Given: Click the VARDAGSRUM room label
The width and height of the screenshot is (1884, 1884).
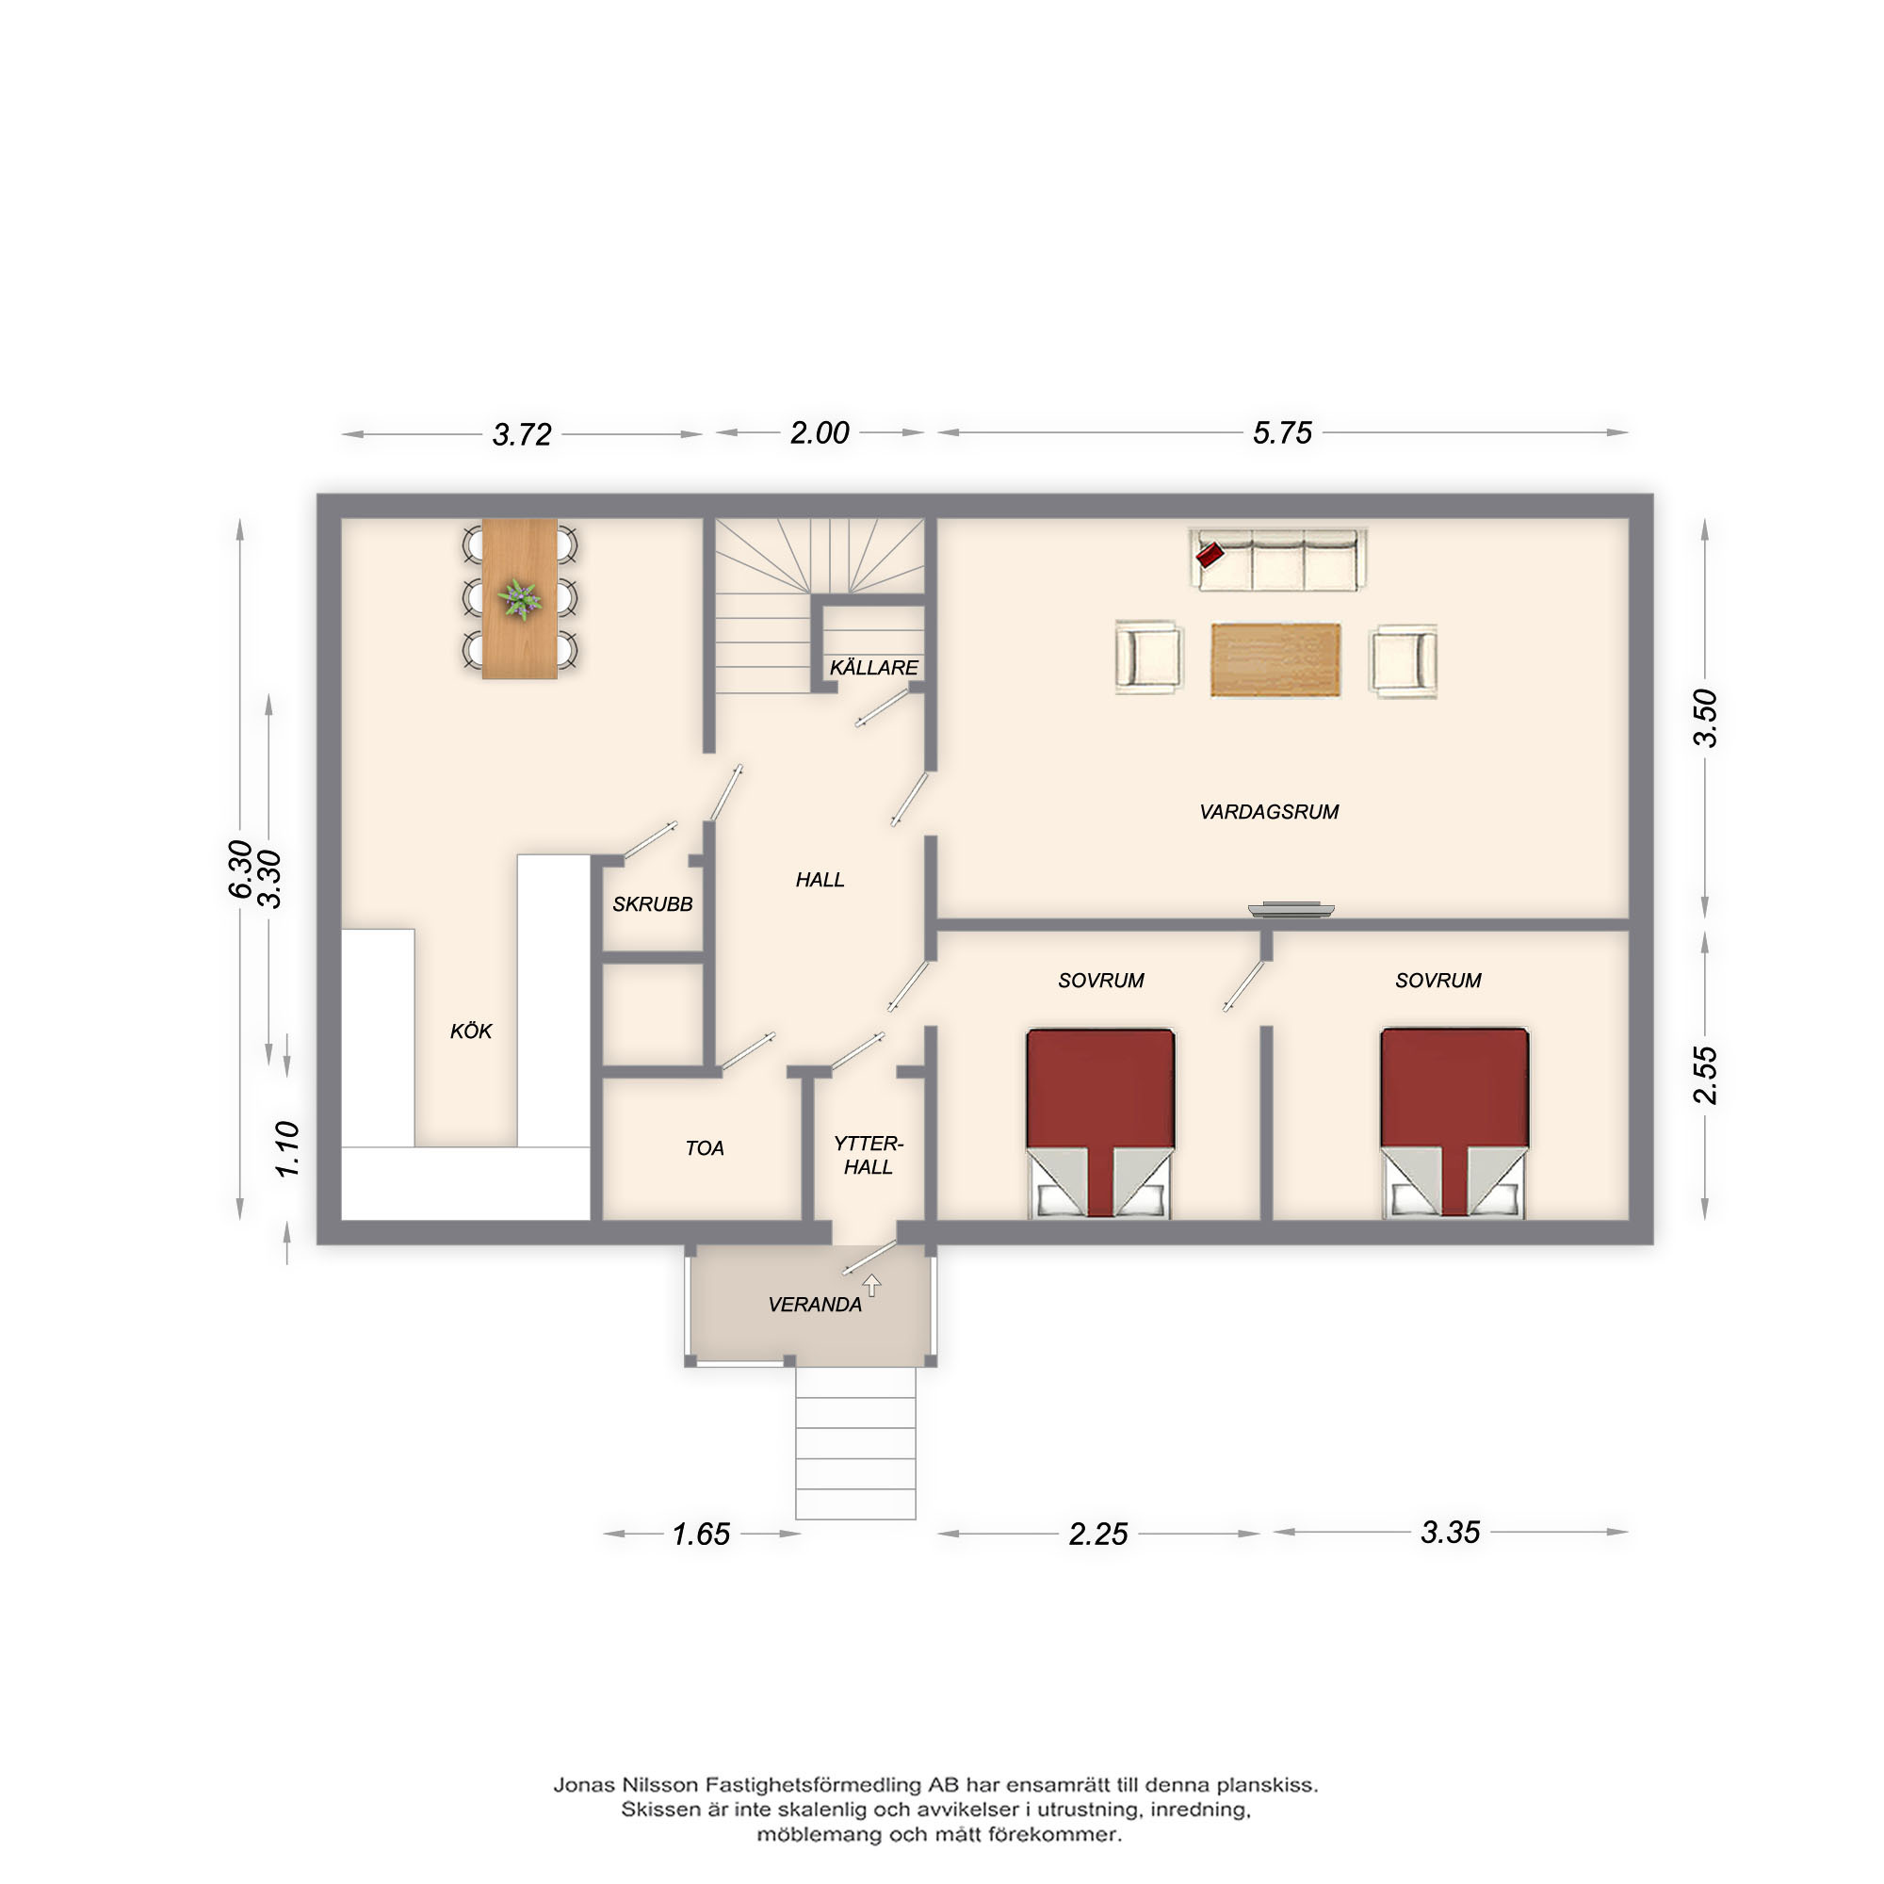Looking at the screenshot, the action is [x=1269, y=812].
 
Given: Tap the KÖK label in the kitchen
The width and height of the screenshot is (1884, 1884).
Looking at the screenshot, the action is [x=471, y=1031].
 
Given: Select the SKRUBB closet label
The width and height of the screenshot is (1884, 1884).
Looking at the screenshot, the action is [x=653, y=904].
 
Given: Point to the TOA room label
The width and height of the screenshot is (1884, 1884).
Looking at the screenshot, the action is [x=704, y=1148].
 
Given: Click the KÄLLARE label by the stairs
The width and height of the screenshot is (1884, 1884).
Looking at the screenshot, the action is [x=874, y=667].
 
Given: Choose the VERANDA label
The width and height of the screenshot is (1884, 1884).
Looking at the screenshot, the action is [x=815, y=1305].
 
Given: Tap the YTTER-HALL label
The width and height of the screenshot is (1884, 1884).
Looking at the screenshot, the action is [x=868, y=1156].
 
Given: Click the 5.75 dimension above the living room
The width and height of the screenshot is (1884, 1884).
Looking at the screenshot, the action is [x=1282, y=432].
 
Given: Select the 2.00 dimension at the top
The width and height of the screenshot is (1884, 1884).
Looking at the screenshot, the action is [x=820, y=432].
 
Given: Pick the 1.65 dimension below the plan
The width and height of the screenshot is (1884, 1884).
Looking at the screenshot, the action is [x=700, y=1534].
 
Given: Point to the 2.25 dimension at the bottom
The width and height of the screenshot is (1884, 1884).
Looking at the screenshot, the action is [x=1098, y=1534].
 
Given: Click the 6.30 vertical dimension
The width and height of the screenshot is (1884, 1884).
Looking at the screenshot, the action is [x=240, y=869].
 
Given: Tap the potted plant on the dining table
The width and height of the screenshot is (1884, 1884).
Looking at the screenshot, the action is [x=520, y=599].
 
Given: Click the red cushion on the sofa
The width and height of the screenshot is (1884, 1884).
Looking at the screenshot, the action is [x=1210, y=555].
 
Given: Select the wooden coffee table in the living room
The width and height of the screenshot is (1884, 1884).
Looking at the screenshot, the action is [x=1275, y=660].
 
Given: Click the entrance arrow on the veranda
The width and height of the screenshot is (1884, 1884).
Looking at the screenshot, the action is [x=871, y=1286].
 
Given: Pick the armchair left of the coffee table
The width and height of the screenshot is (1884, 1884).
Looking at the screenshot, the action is [x=1149, y=658].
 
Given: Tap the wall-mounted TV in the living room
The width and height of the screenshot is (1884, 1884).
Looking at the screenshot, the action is [x=1291, y=910].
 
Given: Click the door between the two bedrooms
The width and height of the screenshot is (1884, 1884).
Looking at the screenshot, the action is [x=1243, y=987].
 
